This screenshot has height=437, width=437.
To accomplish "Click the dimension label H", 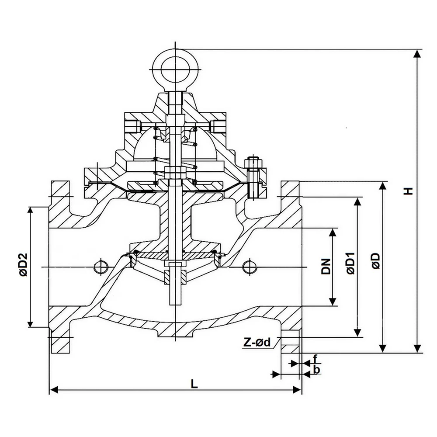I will [x=408, y=191].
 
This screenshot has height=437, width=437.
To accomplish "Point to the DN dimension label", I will [x=326, y=266].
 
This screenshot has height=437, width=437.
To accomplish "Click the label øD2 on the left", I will [x=23, y=265].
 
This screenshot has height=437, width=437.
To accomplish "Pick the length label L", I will [x=194, y=384].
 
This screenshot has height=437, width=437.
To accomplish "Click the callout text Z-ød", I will [x=257, y=343].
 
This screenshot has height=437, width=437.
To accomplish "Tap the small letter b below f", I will [x=318, y=371].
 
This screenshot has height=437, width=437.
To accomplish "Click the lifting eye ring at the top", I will [x=175, y=69].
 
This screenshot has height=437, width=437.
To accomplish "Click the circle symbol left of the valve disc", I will [x=100, y=266].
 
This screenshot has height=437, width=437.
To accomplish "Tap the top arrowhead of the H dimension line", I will [x=418, y=54].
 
